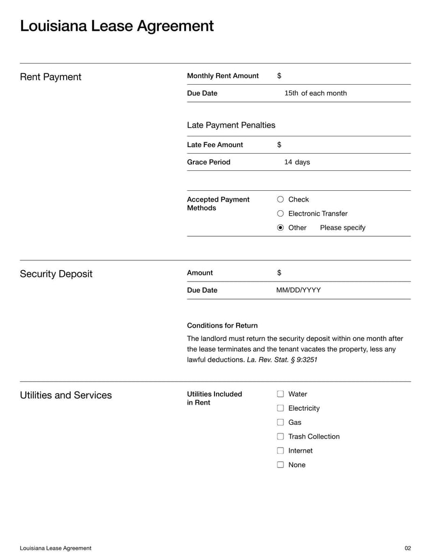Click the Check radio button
280,199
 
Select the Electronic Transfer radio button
280,213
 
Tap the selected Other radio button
280,228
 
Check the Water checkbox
280,394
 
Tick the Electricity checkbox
280,408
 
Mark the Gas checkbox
280,422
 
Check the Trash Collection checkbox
280,436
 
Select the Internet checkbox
280,450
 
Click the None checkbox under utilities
280,464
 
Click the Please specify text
343,228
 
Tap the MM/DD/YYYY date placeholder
298,290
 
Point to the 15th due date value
291,93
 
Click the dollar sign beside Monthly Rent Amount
279,76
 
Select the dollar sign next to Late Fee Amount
279,145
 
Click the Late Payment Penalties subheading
231,125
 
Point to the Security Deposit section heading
56,274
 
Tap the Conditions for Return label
222,326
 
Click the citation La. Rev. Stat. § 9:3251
282,360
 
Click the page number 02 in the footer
407,548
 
